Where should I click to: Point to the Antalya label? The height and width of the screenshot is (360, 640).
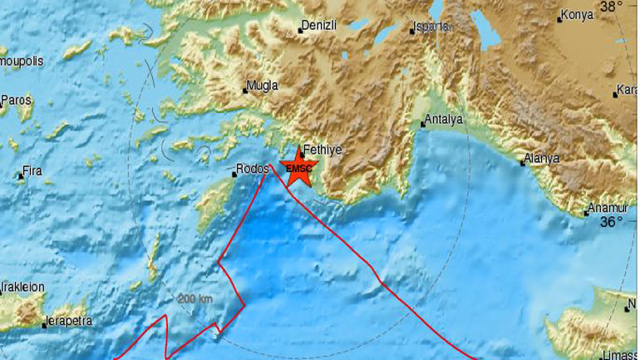point(444,119)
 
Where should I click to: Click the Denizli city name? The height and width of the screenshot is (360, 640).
point(320,26)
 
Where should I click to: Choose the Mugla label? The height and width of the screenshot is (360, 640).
point(263,85)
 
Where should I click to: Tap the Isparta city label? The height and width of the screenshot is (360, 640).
point(432,27)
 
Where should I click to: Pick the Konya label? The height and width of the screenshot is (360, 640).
point(577,15)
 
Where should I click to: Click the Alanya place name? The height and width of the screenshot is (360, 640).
point(543,158)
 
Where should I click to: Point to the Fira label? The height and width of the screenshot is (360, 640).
point(32,170)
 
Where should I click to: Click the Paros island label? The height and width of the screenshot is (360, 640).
point(16,100)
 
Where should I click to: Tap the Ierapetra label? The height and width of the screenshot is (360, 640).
point(70,318)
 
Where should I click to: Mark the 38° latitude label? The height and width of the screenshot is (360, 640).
point(612,7)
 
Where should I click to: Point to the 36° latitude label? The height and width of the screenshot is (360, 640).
point(612,222)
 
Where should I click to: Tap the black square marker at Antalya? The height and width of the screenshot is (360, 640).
point(422,125)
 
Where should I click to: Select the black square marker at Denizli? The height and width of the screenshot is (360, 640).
point(300,32)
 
